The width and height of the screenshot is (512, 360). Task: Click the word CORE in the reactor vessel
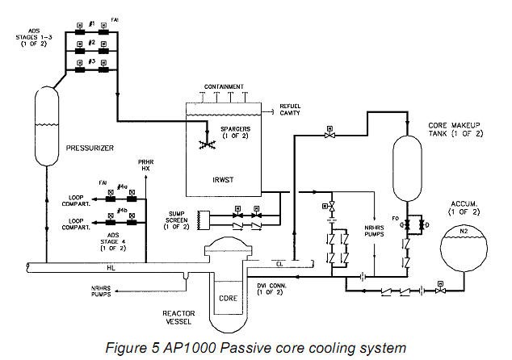(229, 298)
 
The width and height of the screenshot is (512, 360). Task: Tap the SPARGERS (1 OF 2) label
(231, 132)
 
